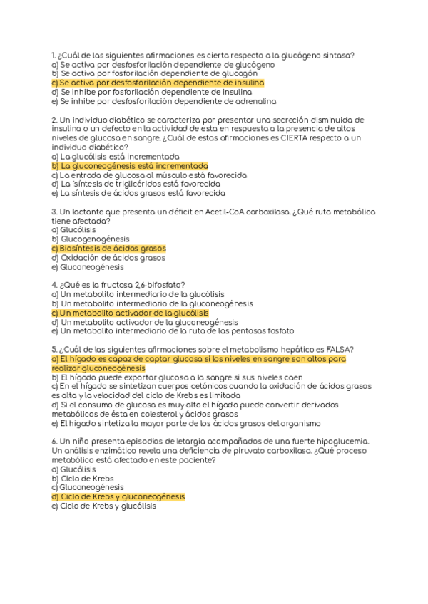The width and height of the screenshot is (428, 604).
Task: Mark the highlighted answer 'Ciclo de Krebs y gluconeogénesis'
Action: [118, 496]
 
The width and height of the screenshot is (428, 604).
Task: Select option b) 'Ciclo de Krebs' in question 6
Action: [83, 478]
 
